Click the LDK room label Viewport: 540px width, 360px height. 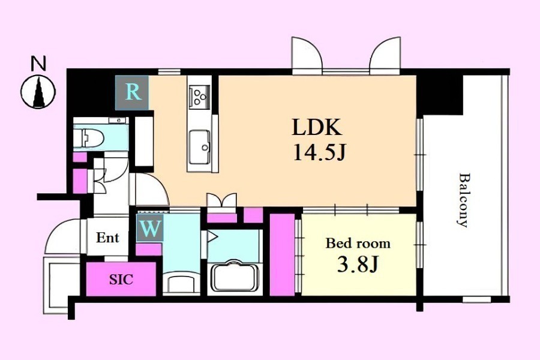click(317, 127)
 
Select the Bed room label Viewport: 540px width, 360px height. click(358, 244)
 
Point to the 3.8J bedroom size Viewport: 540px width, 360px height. click(358, 264)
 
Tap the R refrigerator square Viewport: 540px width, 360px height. click(132, 92)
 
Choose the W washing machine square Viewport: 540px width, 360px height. click(150, 227)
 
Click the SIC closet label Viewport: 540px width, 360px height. click(121, 279)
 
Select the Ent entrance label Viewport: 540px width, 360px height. click(107, 238)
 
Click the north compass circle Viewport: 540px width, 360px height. click(38, 92)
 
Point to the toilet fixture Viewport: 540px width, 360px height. click(89, 137)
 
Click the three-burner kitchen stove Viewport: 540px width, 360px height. click(199, 95)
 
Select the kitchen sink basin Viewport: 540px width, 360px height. click(199, 147)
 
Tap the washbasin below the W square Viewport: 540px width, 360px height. click(181, 282)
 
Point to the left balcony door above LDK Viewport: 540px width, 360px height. click(307, 55)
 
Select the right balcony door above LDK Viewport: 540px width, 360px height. click(385, 55)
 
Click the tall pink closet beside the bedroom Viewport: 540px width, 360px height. click(282, 254)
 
